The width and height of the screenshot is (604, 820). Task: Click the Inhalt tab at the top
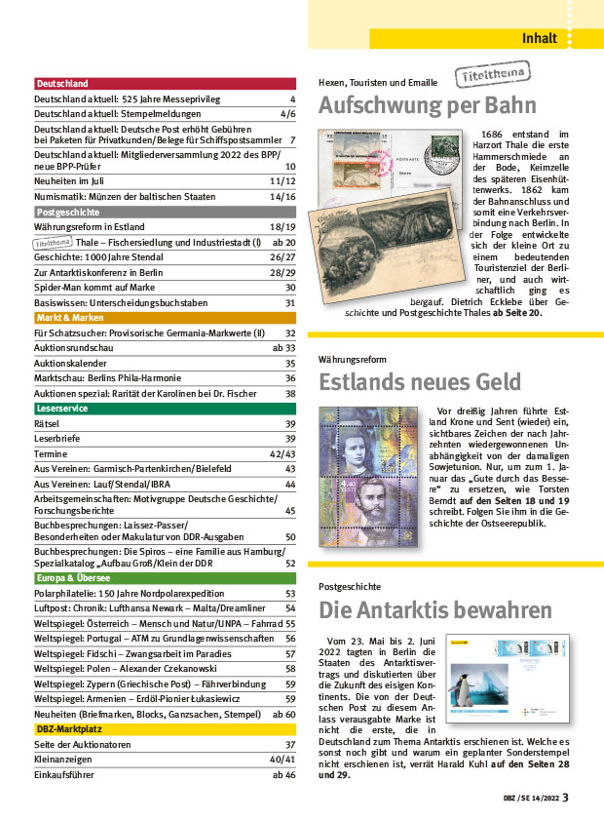pos(539,39)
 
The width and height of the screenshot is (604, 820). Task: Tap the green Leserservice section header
pos(63,409)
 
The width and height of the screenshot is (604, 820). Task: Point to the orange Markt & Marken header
pos(69,318)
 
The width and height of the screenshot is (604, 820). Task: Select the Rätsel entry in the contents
pos(48,423)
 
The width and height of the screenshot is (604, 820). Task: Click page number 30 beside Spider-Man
pos(289,288)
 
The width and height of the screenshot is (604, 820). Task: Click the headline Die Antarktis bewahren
pos(435,610)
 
